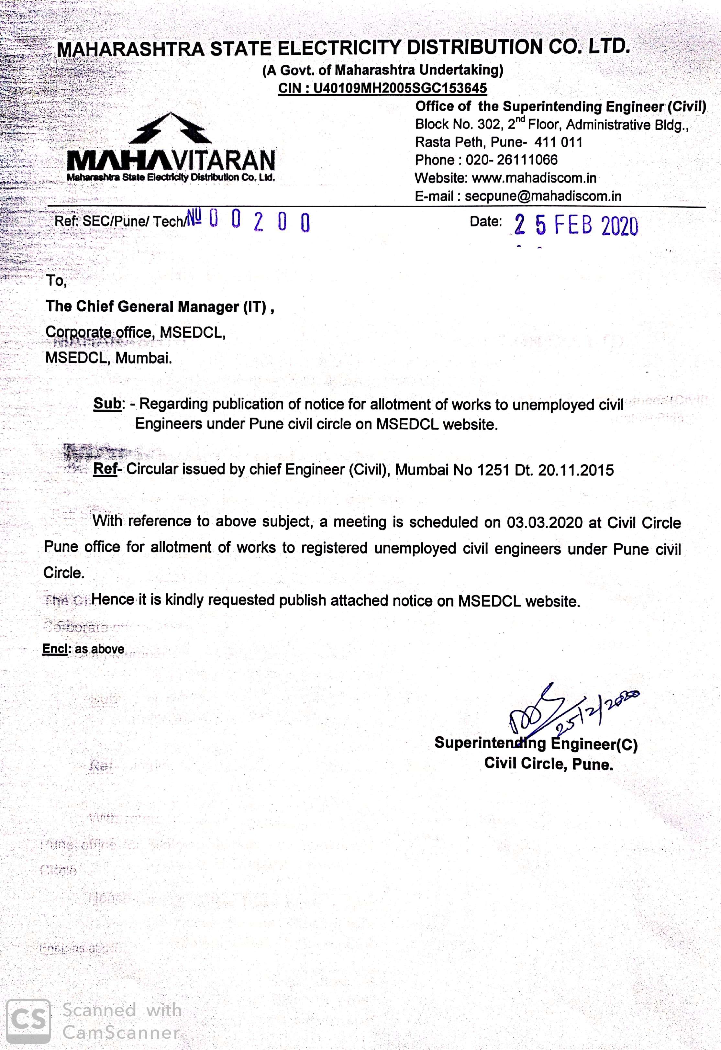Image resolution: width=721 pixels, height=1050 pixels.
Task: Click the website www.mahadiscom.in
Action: pyautogui.click(x=534, y=178)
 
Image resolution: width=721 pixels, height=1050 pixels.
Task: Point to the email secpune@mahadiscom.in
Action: pyautogui.click(x=543, y=196)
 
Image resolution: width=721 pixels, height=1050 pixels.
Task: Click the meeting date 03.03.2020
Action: pyautogui.click(x=544, y=522)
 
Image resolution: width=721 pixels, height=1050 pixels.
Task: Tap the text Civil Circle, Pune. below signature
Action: pyautogui.click(x=549, y=764)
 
